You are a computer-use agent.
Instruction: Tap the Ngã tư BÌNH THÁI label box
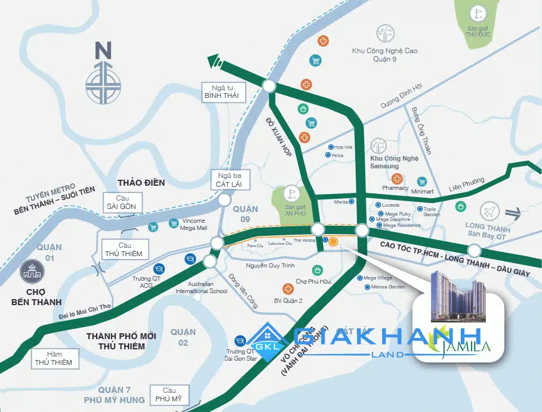[221, 91]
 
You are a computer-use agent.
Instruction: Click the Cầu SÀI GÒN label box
[122, 202]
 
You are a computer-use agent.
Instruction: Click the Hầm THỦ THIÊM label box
[53, 358]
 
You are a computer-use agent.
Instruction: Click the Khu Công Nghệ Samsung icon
[379, 146]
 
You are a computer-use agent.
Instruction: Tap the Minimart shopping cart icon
[423, 182]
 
